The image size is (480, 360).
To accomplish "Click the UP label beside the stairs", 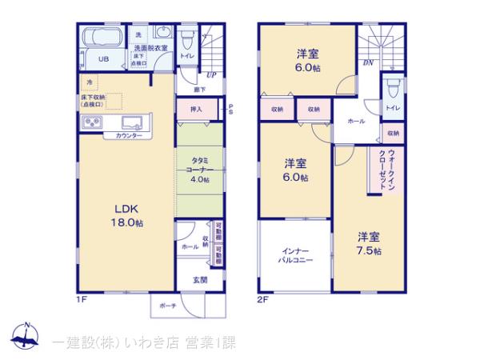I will (210, 76).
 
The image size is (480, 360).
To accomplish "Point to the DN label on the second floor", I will (368, 62).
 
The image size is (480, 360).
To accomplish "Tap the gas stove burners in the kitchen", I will (90, 122).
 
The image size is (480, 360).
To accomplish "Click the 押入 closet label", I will (196, 109).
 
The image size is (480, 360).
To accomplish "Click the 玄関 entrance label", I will (200, 280).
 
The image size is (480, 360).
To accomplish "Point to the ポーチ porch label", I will (167, 306).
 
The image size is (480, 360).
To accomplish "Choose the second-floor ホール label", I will (356, 121).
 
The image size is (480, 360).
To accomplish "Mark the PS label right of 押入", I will (230, 109).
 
